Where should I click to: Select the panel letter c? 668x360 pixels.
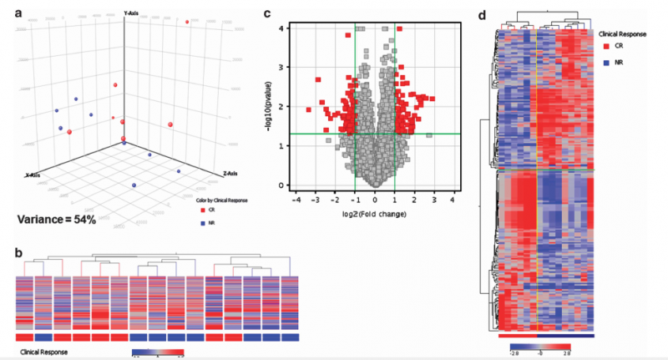(266, 13)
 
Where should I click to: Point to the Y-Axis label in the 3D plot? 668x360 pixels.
(132, 13)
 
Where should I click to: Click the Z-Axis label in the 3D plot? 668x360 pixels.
(232, 174)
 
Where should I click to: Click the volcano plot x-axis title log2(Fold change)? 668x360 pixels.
(374, 215)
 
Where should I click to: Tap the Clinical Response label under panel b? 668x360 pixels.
(43, 352)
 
